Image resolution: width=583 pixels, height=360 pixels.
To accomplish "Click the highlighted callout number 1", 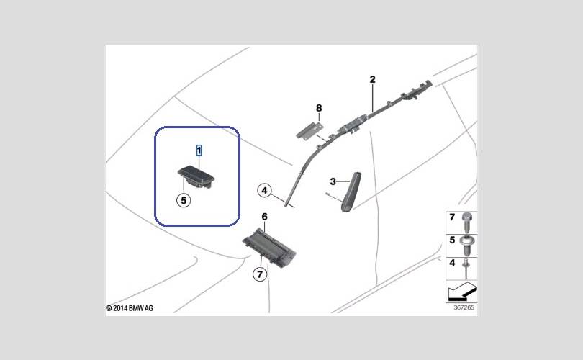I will [199, 150].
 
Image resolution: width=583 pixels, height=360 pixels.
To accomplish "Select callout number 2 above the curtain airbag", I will [373, 80].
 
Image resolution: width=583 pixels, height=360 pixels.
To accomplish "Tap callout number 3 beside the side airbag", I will [333, 181].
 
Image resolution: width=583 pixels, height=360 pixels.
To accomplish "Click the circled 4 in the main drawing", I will [265, 191].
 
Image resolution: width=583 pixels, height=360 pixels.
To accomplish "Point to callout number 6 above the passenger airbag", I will [264, 217].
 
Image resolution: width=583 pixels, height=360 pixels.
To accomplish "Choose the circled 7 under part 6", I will [259, 274].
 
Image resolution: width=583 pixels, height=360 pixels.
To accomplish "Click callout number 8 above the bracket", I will [319, 108].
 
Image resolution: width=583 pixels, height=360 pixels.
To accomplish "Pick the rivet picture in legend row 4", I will [467, 268].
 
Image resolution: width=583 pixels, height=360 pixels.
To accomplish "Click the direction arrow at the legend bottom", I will [461, 292].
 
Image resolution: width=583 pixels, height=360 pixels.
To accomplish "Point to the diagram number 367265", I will [464, 307].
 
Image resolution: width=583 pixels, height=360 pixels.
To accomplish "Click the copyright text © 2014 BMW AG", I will [130, 308].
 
